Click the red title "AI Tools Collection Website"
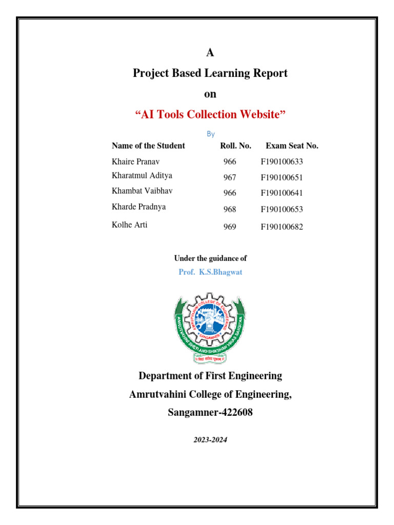click(210, 114)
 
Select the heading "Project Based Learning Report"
click(210, 73)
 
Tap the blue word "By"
click(210, 134)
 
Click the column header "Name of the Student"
click(148, 146)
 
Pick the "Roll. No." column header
click(235, 146)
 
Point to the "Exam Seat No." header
click(292, 146)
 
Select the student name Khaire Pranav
click(136, 161)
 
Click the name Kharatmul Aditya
click(142, 175)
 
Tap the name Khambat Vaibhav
click(142, 191)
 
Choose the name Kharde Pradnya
click(139, 207)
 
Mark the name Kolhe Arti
click(129, 225)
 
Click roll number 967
click(230, 178)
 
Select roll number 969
click(230, 227)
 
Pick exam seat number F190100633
click(282, 162)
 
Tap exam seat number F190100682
click(282, 227)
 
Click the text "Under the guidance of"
click(210, 258)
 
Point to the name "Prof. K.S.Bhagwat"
click(210, 272)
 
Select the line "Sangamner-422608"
click(210, 412)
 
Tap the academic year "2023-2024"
click(210, 439)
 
